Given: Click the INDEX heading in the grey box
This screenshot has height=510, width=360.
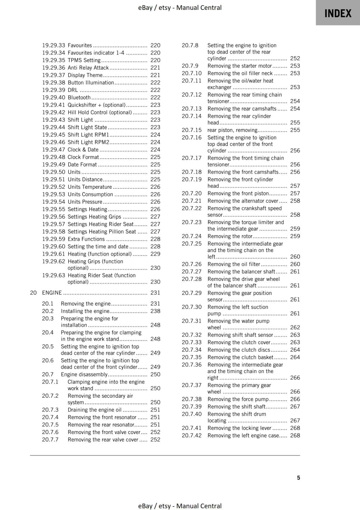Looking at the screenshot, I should click(338, 13).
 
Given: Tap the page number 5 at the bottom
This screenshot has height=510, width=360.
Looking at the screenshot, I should click(298, 477).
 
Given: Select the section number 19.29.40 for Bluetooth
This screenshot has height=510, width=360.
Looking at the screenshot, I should click(54, 98).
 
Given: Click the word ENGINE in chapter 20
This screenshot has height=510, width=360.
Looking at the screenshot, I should click(52, 293).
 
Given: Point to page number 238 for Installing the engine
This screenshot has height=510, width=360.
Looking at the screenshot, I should click(155, 311).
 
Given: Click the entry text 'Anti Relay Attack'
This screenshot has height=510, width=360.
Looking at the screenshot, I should click(88, 68).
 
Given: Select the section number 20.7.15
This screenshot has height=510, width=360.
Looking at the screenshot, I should click(191, 130).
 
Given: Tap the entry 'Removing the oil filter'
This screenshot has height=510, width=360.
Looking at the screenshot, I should click(234, 264).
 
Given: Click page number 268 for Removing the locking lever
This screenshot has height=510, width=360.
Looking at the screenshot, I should click(295, 428).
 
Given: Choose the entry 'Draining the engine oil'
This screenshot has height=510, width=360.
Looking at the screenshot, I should click(94, 410).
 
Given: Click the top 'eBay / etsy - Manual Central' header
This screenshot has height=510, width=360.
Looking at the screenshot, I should click(180, 8).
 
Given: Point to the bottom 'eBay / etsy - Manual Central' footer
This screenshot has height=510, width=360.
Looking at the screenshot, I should click(180, 506).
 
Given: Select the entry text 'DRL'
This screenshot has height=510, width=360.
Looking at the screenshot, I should click(73, 90).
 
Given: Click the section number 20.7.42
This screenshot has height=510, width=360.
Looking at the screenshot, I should click(191, 435).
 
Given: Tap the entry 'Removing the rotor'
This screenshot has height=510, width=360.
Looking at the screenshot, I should click(230, 236).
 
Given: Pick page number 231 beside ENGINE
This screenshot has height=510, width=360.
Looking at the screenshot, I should click(155, 293).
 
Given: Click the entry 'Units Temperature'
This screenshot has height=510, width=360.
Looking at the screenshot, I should click(90, 187).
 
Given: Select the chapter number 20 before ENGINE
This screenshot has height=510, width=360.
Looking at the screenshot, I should click(33, 293).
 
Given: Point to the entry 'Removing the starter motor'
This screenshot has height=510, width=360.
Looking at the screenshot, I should click(240, 66).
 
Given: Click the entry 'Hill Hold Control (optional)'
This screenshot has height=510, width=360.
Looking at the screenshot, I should click(99, 113).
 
